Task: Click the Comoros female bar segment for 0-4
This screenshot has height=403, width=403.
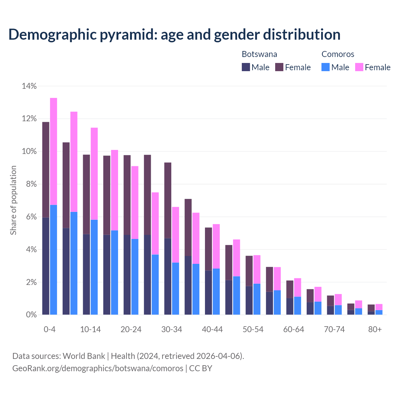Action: tap(54, 151)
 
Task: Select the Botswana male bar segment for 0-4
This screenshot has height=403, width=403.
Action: tap(46, 266)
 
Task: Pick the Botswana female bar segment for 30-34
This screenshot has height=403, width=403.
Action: tap(168, 200)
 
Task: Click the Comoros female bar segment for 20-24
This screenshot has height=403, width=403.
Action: tap(135, 202)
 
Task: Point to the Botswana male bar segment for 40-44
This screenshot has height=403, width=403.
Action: tap(208, 292)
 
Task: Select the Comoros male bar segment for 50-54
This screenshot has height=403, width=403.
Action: tap(257, 299)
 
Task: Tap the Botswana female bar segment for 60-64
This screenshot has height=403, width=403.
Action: tap(290, 289)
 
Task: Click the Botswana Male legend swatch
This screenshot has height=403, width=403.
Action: tap(246, 67)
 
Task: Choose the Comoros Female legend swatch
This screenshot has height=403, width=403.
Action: tap(359, 67)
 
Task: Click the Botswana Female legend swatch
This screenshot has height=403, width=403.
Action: tap(279, 67)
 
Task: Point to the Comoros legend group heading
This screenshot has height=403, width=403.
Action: tap(338, 54)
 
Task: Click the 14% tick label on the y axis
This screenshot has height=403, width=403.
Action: tap(29, 86)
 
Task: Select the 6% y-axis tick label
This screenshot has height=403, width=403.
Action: tap(31, 217)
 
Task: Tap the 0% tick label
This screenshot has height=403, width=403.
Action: tap(31, 315)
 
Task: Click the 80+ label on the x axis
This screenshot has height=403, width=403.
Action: tap(375, 329)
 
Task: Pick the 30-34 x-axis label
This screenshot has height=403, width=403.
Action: tap(172, 329)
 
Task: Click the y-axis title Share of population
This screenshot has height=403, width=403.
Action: tap(13, 200)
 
